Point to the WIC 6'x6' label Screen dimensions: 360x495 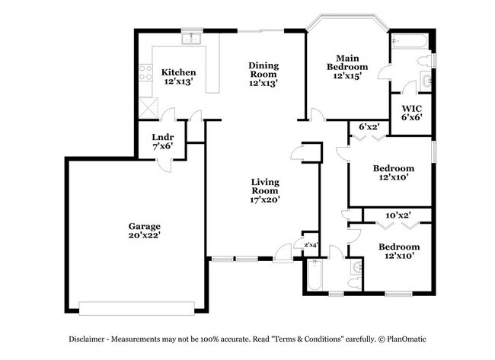pos(411,113)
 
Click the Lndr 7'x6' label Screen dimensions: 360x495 pos(161,140)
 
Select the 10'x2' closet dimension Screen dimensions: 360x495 pos(398,215)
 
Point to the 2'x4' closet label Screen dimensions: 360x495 pos(311,245)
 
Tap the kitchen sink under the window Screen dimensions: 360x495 pos(190,38)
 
